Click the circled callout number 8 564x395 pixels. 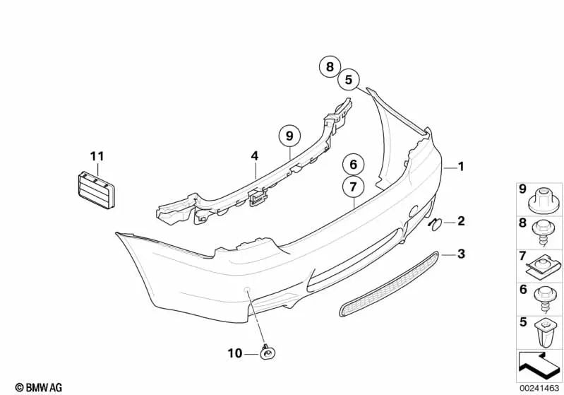330,66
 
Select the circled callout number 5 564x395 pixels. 349,79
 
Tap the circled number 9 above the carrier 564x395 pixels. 289,136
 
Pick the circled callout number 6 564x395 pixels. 353,164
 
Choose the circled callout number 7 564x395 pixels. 353,187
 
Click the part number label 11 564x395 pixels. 97,156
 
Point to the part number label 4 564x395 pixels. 255,156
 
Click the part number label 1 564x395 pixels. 461,166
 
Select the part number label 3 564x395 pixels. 461,254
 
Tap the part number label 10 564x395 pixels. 235,353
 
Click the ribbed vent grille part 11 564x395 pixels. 96,190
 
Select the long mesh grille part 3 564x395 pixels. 389,285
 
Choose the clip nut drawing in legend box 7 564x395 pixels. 543,266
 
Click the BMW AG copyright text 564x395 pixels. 39,387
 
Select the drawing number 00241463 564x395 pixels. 539,388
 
